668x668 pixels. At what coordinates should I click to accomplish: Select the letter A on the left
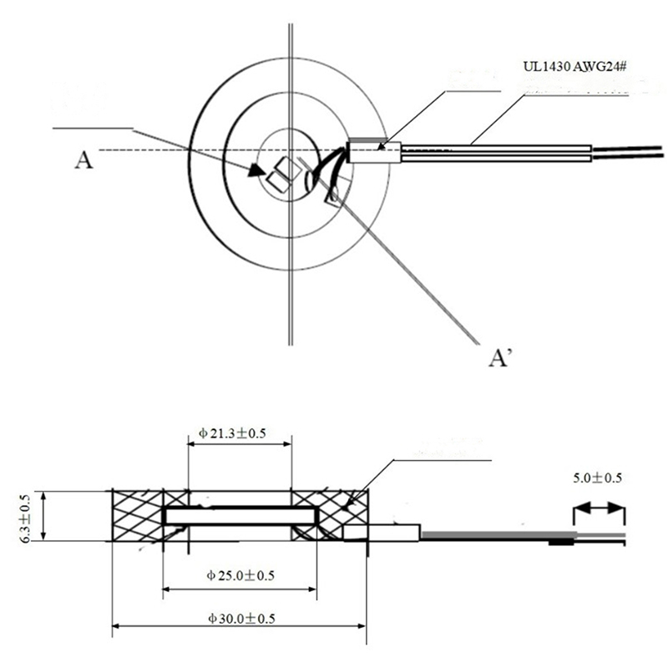83,159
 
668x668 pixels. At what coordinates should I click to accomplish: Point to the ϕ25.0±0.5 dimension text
239,577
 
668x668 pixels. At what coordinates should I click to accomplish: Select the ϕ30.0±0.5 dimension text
239,619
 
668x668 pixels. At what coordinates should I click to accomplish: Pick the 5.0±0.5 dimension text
597,478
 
